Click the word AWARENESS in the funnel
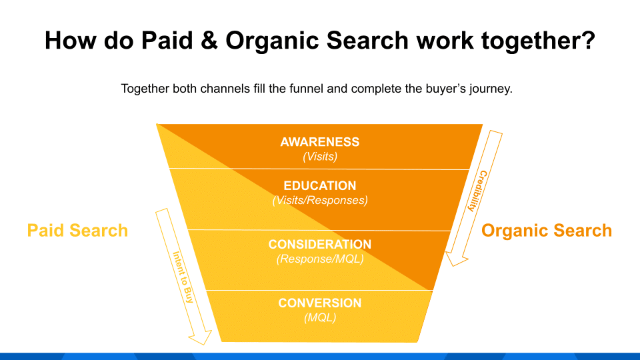[x=320, y=142]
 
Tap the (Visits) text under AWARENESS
[x=320, y=157]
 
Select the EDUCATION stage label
[x=320, y=186]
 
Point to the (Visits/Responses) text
[x=320, y=200]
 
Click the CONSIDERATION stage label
[x=320, y=245]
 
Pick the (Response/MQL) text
[x=320, y=259]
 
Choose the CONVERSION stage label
[x=320, y=303]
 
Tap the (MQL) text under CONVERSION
[x=320, y=317]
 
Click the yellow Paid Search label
[x=77, y=231]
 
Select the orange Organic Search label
[x=547, y=231]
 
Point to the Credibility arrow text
[x=476, y=191]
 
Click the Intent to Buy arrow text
[x=183, y=277]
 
